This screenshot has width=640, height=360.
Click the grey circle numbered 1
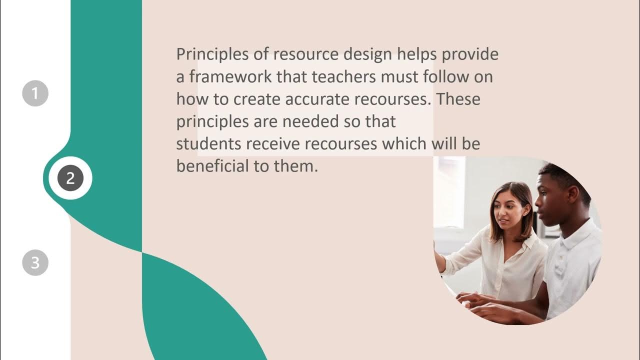pos(35,93)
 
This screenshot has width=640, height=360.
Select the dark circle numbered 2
pos(70,178)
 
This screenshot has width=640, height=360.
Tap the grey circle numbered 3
pos(35,262)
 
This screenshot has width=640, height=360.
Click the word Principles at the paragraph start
pos(212,54)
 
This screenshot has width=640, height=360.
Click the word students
pos(209,144)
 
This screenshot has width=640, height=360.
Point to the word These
pos(458,99)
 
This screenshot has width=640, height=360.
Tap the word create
pos(257,99)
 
